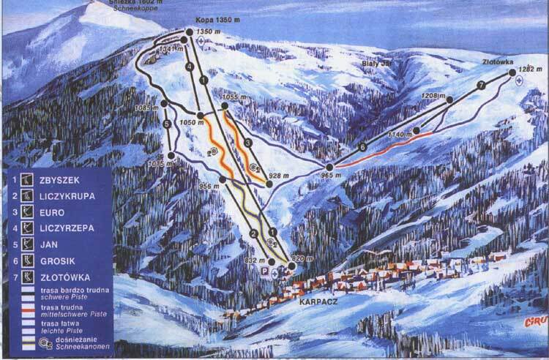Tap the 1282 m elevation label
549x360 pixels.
click(x=529, y=70)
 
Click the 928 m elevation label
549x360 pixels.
click(x=279, y=176)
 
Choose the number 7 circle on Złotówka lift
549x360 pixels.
click(x=481, y=86)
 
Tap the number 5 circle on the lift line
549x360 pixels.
click(x=168, y=124)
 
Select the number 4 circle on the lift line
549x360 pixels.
click(x=188, y=67)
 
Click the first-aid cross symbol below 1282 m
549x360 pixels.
click(x=519, y=80)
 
